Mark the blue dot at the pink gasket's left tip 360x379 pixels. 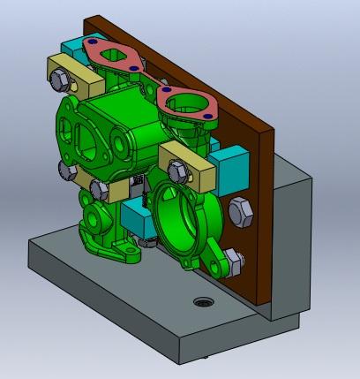click(x=89, y=45)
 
